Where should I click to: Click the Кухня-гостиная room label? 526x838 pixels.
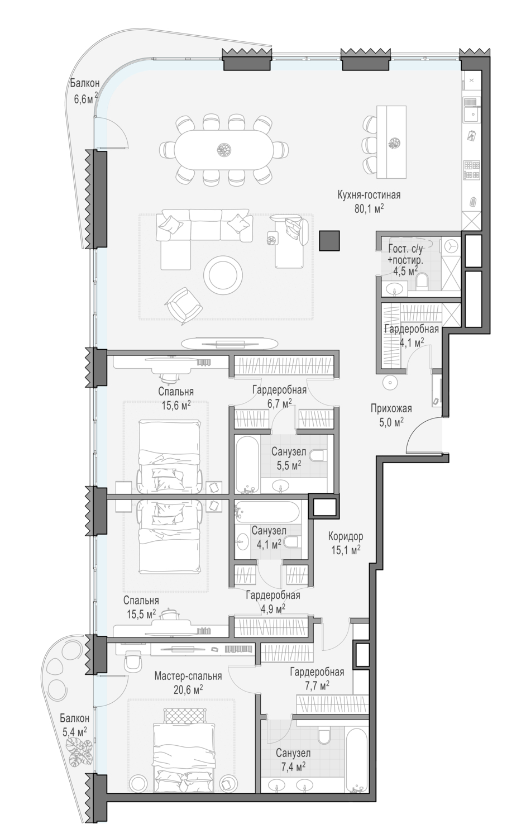coord(369,195)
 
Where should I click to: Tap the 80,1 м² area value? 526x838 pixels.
coord(369,208)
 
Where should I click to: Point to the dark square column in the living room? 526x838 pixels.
coord(329,241)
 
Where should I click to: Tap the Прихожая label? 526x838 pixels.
coord(391,408)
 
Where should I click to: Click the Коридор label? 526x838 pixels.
coord(346,536)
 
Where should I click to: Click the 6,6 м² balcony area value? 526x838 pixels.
coord(85,99)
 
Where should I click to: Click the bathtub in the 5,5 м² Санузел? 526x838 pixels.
coord(246,464)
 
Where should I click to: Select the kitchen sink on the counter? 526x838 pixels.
coord(471,110)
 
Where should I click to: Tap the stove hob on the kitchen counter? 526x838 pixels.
coord(471,170)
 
